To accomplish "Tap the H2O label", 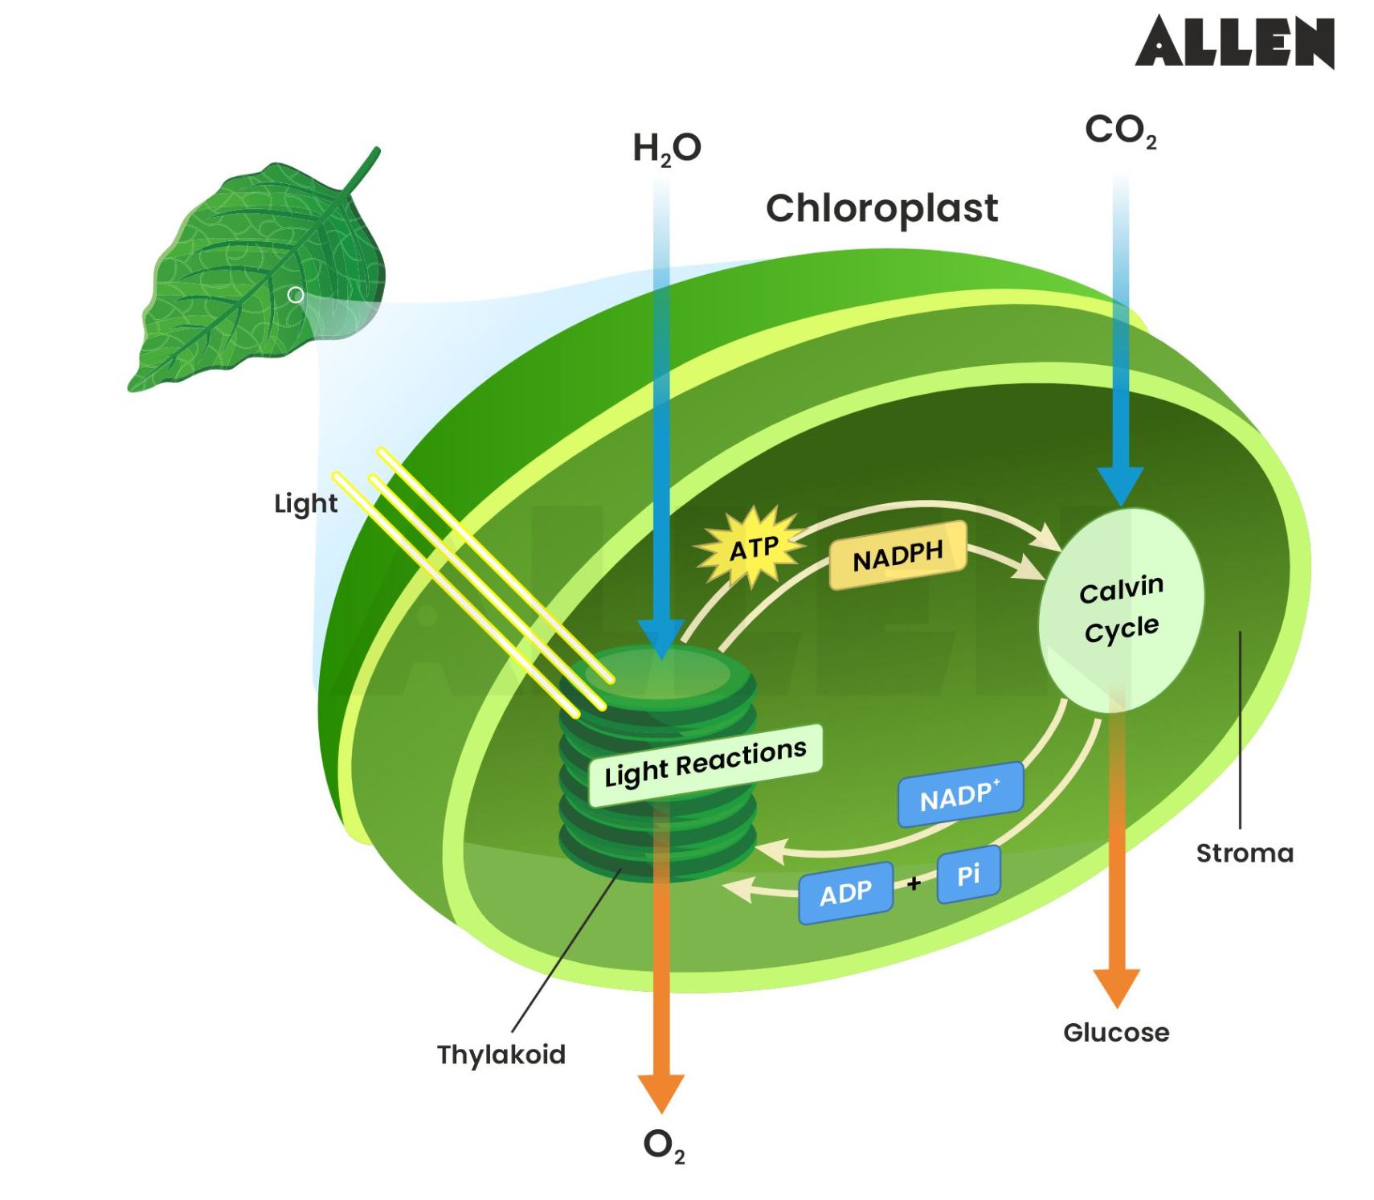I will (x=666, y=149).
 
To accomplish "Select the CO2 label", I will (x=1120, y=131).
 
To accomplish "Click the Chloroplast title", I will (x=881, y=208).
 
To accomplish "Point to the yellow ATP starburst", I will (x=752, y=548).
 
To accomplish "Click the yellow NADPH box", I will (x=897, y=555).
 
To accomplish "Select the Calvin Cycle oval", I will (x=1121, y=609).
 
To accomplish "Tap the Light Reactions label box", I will (x=705, y=764).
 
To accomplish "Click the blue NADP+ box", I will (x=959, y=795).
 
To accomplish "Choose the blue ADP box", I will (x=845, y=892).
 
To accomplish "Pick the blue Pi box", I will (x=968, y=874).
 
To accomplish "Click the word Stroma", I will (x=1244, y=853).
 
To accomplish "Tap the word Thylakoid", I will (x=501, y=1054).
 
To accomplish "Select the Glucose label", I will (x=1115, y=1032).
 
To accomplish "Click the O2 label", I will (x=663, y=1145).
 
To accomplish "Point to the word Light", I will (x=305, y=504).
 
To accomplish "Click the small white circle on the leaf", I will (x=296, y=295).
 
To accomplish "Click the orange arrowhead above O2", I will (x=660, y=1091).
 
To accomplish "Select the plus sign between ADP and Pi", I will (x=914, y=883).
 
